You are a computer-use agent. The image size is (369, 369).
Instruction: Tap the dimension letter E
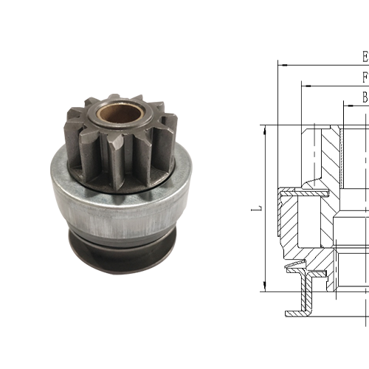(365, 56)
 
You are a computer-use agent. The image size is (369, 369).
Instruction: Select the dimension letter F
(365, 77)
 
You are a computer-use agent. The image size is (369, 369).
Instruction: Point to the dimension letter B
(365, 97)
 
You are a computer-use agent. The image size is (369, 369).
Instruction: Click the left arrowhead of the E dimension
(281, 64)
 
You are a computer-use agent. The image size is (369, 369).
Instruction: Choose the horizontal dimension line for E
(325, 64)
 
